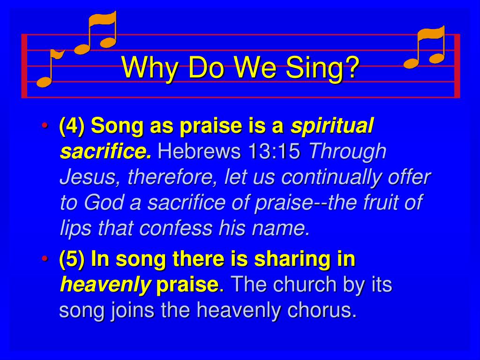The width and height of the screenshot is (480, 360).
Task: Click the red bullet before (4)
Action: click(45, 127)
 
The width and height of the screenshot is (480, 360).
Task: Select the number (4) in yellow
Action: click(72, 126)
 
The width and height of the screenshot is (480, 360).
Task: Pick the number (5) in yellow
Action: click(72, 259)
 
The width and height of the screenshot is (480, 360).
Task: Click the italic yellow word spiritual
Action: click(332, 126)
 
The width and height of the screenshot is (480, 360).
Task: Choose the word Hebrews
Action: click(195, 152)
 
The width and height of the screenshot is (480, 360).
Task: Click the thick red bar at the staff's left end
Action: click(24, 66)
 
